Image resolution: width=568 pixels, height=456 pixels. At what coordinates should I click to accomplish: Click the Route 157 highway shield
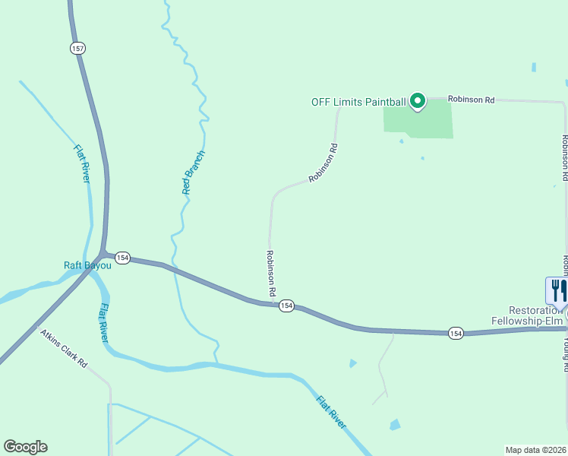pos(77,48)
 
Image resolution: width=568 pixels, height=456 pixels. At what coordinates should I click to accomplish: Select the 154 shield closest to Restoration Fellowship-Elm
pos(455,333)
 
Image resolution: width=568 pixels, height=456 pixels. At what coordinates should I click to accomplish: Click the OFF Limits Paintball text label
pos(358,102)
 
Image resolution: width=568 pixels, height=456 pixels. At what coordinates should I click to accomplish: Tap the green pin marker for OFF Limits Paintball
pos(417,100)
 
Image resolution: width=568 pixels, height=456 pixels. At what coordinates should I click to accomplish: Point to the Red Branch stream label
pos(194,172)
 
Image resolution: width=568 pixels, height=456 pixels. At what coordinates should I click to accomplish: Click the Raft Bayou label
pos(87,265)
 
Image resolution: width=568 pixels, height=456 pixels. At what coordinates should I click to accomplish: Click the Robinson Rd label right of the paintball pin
pos(471,99)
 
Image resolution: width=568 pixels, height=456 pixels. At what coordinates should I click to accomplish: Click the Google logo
pos(25,447)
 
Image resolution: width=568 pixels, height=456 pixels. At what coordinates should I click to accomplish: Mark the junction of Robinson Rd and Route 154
pos(273,304)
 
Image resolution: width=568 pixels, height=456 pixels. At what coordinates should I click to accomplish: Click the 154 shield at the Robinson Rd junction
pos(286,306)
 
